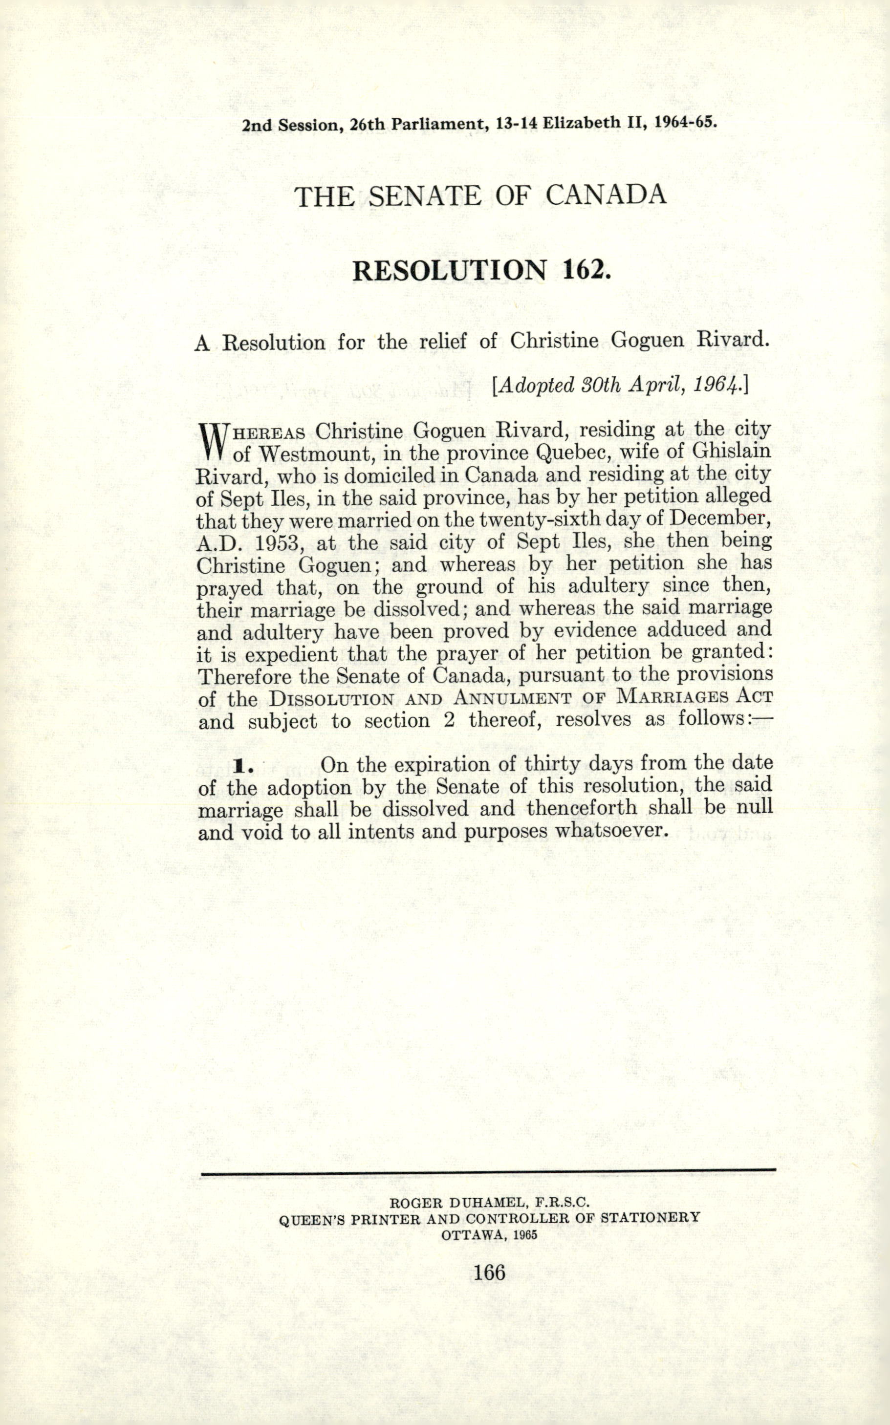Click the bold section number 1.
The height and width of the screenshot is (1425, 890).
pyautogui.click(x=242, y=766)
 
